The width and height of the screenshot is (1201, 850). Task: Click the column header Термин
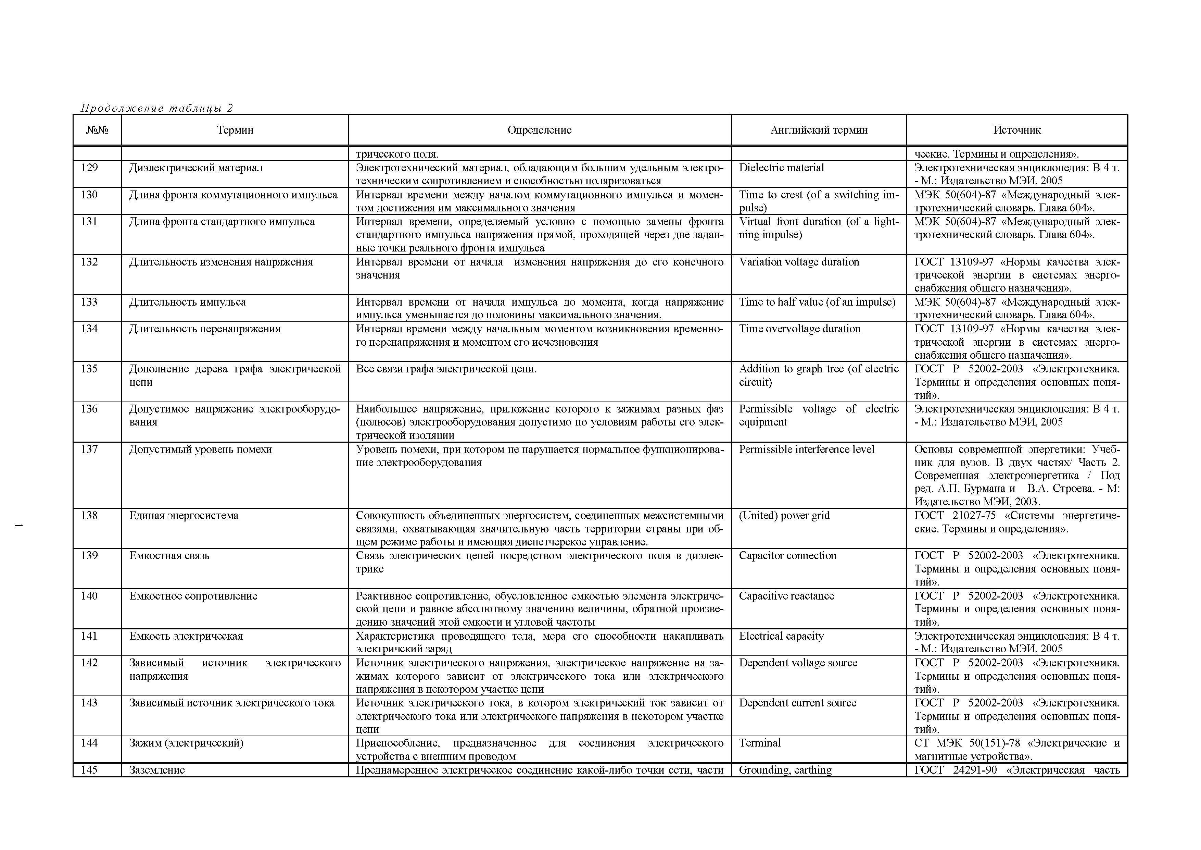[235, 130]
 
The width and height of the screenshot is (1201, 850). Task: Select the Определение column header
[539, 130]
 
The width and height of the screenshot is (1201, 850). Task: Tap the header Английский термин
[819, 130]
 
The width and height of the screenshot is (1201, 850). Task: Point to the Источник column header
[1017, 130]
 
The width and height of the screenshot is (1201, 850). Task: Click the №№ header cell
[97, 130]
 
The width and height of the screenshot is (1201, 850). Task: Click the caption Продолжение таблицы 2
[156, 108]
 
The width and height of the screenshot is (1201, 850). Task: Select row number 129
[89, 168]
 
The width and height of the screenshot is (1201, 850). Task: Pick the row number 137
[89, 449]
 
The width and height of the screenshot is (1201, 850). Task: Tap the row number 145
[89, 770]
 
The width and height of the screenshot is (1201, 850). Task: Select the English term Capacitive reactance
[786, 596]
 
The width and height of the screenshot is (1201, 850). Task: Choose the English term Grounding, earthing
[785, 770]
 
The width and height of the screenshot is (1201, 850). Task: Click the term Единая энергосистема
[184, 516]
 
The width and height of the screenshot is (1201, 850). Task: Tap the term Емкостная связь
[169, 555]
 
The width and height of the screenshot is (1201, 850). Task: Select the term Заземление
[157, 770]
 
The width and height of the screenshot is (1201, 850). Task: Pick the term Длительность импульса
[187, 302]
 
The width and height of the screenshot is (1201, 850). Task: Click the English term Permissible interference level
[806, 449]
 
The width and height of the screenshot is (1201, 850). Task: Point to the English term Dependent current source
[798, 703]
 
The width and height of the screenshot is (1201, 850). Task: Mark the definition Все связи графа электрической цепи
[446, 369]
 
